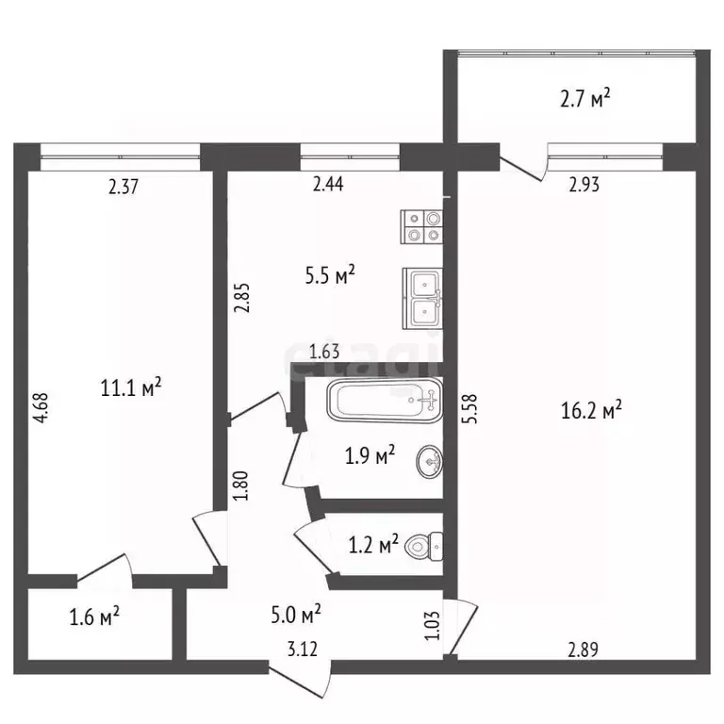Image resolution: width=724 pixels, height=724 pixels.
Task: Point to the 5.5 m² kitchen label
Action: point(329,275)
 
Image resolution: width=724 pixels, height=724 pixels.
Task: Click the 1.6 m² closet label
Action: point(93,617)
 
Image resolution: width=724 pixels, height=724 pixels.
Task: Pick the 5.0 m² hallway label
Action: point(296,616)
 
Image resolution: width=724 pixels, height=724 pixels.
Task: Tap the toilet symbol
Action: point(427,546)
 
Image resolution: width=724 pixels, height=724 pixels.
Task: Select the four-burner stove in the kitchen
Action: point(422,226)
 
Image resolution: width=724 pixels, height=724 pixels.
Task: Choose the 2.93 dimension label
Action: point(583,186)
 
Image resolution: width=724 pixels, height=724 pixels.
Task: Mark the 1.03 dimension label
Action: point(431,626)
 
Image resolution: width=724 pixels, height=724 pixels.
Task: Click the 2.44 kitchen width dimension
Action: point(327,186)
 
